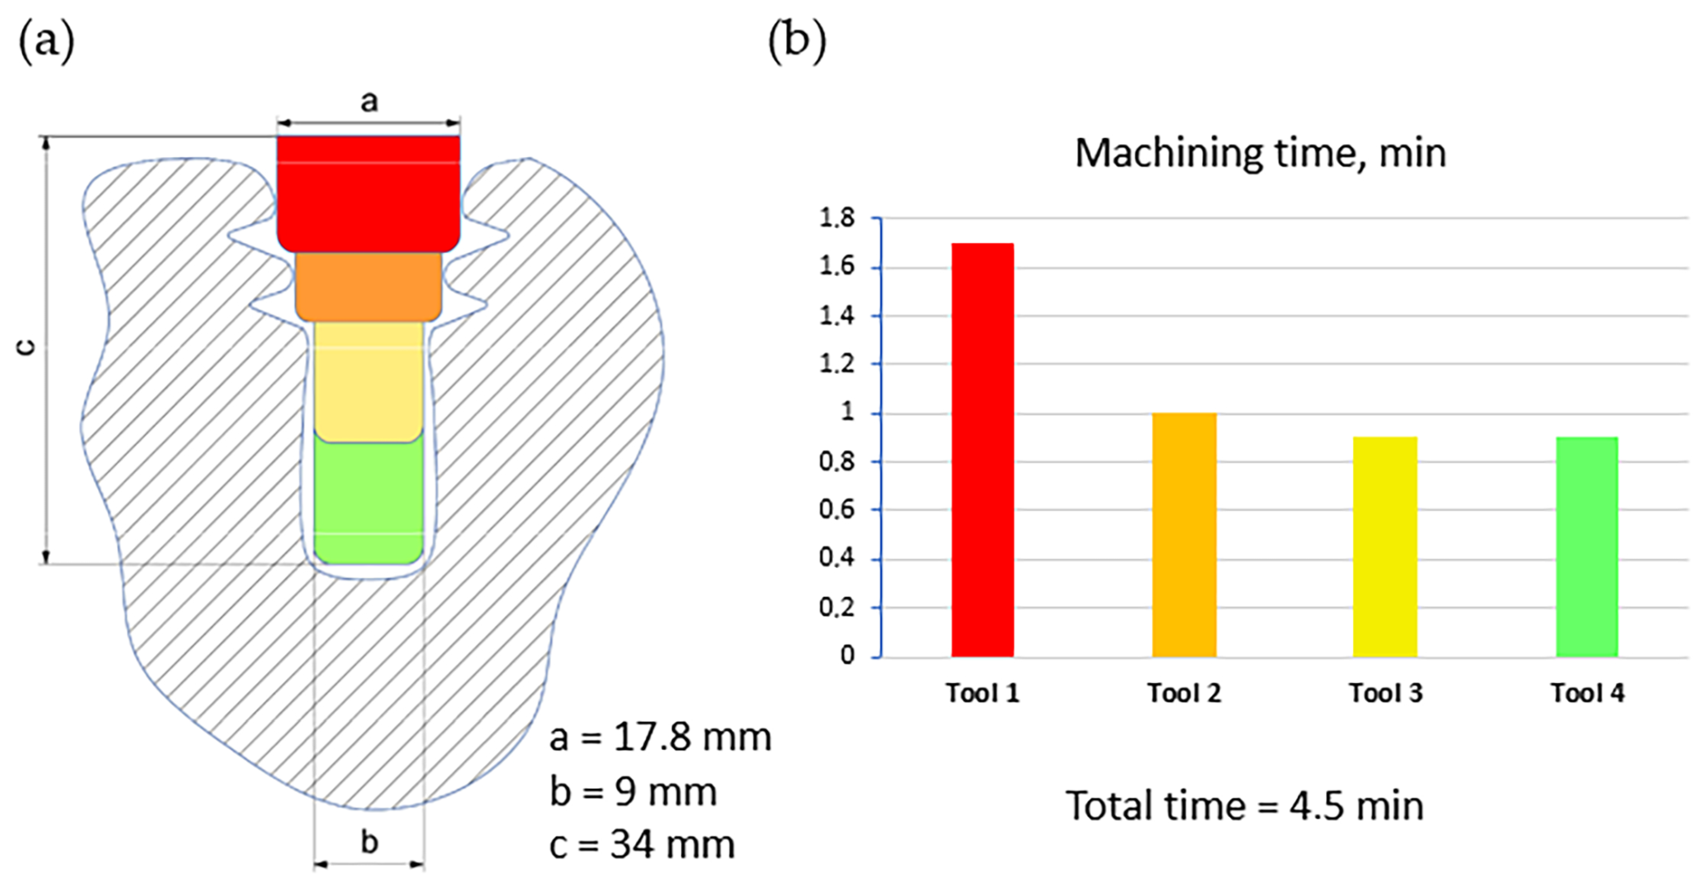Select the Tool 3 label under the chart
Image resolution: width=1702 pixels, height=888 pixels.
1385,693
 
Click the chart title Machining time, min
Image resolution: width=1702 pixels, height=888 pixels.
1260,153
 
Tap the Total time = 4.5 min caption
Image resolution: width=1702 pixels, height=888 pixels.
1245,806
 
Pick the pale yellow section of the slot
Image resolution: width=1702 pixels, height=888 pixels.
368,380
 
